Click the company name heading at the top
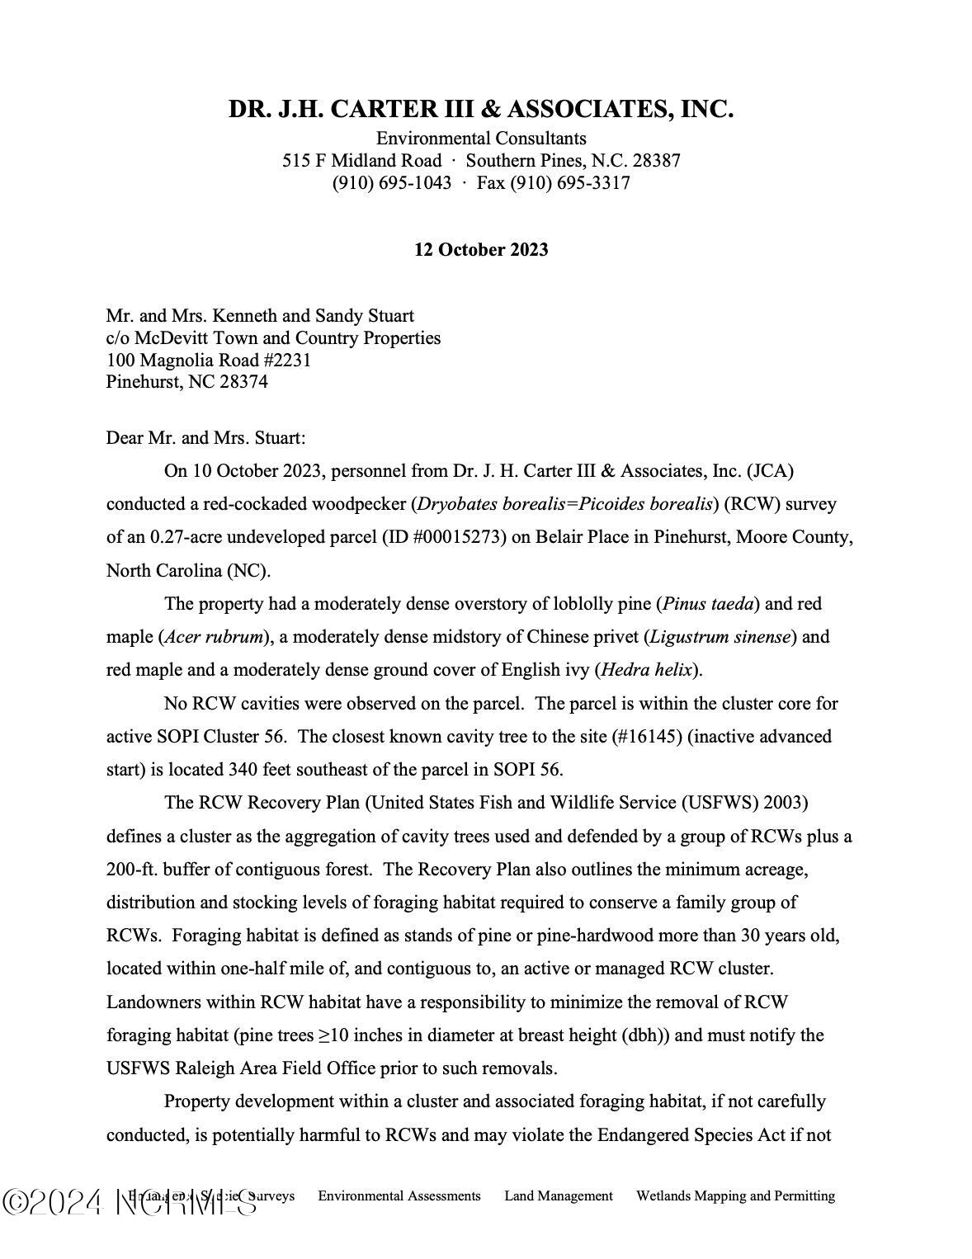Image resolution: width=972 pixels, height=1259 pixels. pos(481,110)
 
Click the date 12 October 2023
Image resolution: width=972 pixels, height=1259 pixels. pos(481,250)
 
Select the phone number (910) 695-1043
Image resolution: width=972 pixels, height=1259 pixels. pos(392,183)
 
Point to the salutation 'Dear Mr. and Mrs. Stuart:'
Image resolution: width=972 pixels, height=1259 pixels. pos(205,438)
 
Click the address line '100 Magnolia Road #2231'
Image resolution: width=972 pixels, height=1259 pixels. pos(208,361)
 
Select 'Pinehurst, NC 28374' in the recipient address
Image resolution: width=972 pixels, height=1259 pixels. pos(186,382)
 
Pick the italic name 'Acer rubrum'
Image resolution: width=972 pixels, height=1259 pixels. pos(214,637)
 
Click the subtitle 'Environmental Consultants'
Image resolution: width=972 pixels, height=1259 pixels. pos(481,139)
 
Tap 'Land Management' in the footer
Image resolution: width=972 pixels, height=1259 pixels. pos(559,1195)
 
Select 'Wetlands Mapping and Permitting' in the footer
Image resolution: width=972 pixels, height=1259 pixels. pos(735,1195)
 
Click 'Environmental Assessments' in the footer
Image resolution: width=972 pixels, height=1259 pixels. pos(399,1195)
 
